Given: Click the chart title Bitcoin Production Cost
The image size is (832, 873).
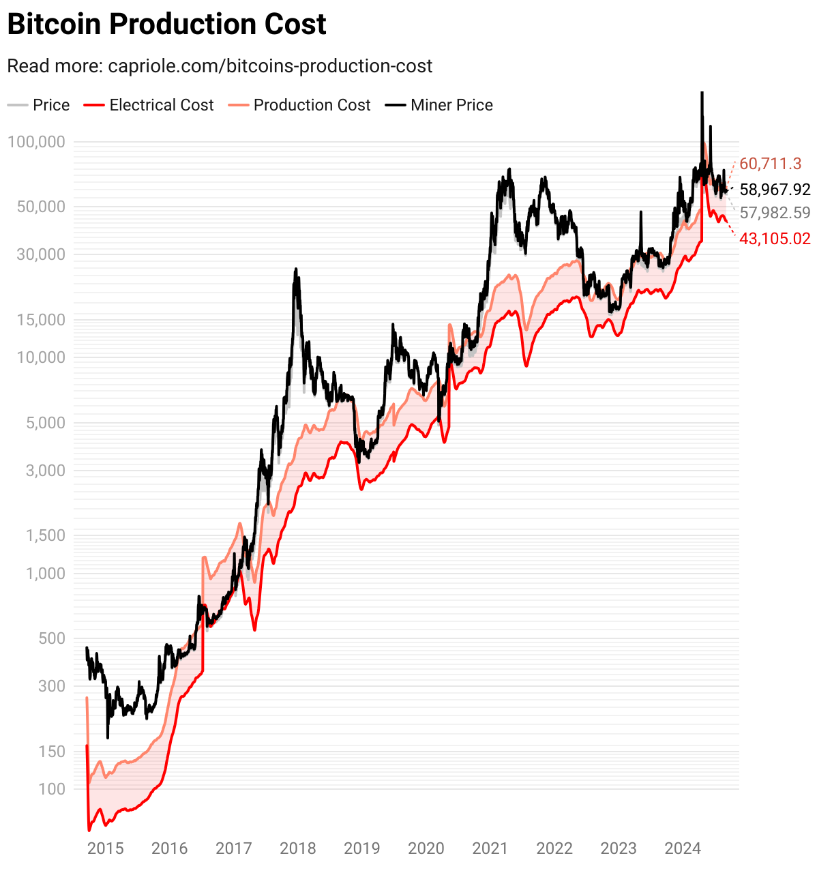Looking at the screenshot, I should click(x=166, y=25).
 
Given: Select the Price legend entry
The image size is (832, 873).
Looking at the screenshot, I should click(x=40, y=105).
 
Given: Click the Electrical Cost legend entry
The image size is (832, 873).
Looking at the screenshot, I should click(x=149, y=105).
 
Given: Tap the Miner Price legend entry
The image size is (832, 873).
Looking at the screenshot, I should click(x=440, y=105).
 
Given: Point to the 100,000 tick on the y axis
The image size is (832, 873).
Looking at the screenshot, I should click(x=36, y=142).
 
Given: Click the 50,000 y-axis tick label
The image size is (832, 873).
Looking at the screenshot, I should click(x=40, y=207).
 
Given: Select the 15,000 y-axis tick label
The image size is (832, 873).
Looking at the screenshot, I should click(x=40, y=320).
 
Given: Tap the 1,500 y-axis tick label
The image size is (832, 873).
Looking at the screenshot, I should click(x=44, y=535).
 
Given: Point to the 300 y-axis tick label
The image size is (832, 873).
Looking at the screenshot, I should click(x=52, y=686).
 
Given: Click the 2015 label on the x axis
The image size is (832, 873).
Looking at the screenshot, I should click(x=106, y=848).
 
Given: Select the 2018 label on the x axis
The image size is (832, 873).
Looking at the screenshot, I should click(x=298, y=848).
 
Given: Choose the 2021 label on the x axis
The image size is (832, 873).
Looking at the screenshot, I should click(x=490, y=848).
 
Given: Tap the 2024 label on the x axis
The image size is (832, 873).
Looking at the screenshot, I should click(x=683, y=848).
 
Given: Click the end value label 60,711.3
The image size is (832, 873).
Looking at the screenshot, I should click(x=770, y=164).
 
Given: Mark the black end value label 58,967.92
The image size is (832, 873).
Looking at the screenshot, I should click(x=775, y=190).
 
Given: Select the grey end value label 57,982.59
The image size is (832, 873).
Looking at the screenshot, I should click(x=775, y=213).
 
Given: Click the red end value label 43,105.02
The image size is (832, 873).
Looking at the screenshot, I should click(x=775, y=239).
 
